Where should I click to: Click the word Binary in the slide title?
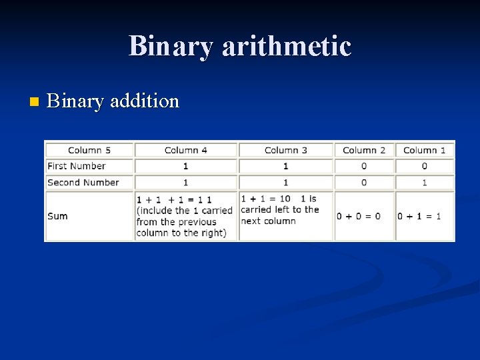[171, 46]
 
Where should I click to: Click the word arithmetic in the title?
[286, 46]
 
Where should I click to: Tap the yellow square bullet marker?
[35, 102]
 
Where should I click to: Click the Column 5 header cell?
[89, 150]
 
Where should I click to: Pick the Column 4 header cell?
[185, 150]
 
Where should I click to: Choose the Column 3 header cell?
[285, 150]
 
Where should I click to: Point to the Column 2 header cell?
[363, 150]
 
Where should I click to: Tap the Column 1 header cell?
[425, 150]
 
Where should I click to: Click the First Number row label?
[77, 166]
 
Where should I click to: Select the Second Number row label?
[83, 183]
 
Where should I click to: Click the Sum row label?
[58, 216]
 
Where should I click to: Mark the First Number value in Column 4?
[185, 166]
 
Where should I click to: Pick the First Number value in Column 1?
[425, 166]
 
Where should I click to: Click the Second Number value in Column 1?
[425, 183]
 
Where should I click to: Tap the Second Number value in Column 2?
[363, 183]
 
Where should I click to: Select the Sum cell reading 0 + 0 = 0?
[359, 216]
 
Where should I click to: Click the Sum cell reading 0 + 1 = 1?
[419, 216]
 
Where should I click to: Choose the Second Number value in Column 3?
[285, 183]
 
